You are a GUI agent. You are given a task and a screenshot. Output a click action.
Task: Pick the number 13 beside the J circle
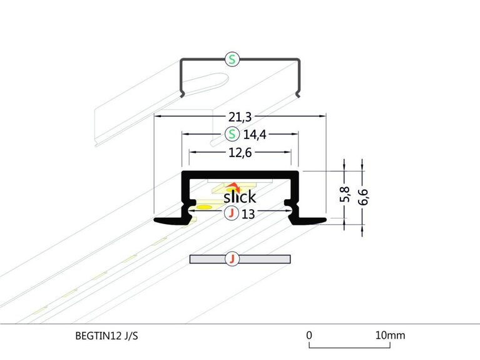pos(247,214)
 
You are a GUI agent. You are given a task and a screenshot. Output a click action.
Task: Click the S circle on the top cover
pos(233,60)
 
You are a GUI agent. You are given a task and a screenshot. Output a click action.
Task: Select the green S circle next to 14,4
pos(233,134)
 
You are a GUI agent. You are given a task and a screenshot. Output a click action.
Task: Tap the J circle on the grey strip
pos(232,259)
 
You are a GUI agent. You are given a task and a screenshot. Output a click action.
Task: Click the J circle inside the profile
pos(232,214)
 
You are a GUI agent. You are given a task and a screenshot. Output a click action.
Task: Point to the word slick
pos(240,197)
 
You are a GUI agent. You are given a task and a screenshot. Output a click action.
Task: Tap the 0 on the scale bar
pos(309,335)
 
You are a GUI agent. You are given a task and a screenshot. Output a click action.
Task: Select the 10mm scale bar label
pos(389,335)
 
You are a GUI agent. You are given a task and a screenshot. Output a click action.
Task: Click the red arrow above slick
pos(234,187)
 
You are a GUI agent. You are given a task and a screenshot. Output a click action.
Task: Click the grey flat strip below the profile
pos(263,259)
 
